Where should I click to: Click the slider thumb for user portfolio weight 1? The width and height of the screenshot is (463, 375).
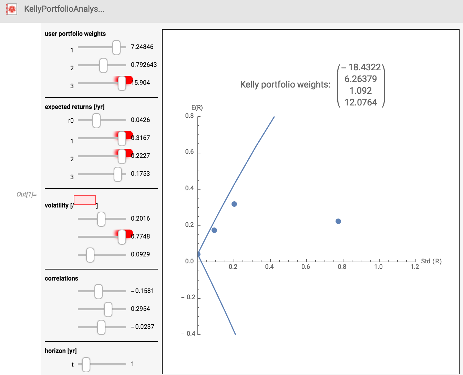coord(116,47)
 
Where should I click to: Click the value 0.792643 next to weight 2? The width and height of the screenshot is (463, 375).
coord(144,65)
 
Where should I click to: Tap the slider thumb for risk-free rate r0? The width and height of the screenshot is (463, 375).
coord(96,120)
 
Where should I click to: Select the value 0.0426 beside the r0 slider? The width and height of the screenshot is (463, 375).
coord(140,120)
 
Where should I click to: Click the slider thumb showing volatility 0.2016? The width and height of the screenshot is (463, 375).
coord(101,219)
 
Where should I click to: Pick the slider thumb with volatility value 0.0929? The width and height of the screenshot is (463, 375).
coord(90,255)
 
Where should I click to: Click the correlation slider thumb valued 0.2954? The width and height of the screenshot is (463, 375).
coord(108,309)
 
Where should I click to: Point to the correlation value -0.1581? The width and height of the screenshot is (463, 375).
coord(142,291)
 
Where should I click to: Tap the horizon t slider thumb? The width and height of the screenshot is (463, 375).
coord(86,364)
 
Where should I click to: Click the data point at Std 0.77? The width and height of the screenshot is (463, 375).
coord(338,221)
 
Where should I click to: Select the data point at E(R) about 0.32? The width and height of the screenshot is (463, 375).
coord(234,204)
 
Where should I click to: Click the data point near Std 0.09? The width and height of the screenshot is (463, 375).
coord(214,230)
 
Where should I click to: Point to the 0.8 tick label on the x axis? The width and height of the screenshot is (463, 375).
coord(342,266)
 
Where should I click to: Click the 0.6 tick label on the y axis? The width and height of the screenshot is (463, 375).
coord(189,152)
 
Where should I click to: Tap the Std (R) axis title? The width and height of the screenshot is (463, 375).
coord(431,261)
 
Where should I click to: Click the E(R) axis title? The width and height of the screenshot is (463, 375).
coord(197,108)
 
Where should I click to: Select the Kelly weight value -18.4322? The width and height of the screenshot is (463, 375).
coord(361,67)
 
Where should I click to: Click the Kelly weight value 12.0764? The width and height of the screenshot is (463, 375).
coord(361,102)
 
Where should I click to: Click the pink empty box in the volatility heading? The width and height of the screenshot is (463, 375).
coord(85,200)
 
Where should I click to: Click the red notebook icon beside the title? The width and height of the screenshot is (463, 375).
coord(12,9)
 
